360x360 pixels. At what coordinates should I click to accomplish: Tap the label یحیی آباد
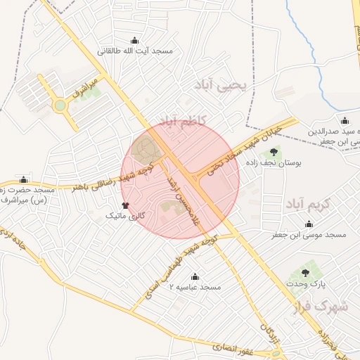tap(224, 86)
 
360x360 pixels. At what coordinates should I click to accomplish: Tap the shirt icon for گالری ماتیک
tap(125, 205)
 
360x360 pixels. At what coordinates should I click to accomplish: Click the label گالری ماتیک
tap(124, 216)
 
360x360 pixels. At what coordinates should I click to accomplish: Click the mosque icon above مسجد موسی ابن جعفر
tap(308, 224)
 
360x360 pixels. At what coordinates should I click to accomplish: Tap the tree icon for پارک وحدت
tap(305, 272)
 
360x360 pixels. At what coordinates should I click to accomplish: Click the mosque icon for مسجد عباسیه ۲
tap(195, 276)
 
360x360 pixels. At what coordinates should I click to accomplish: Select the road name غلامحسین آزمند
tap(182, 200)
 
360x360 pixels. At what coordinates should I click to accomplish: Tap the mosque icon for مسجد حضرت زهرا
tap(25, 179)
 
